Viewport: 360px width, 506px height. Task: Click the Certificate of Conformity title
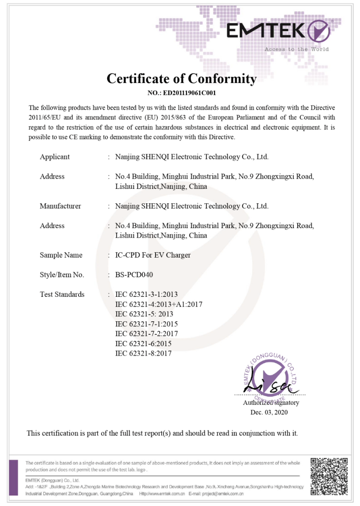(x=181, y=79)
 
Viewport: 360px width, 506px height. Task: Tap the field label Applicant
(x=55, y=157)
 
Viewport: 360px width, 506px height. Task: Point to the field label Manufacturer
(x=60, y=206)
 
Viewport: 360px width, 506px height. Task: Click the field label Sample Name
(x=61, y=255)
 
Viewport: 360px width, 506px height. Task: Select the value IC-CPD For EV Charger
(x=153, y=255)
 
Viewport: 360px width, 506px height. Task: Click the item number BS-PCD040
(x=134, y=275)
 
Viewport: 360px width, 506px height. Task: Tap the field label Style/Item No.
(x=62, y=275)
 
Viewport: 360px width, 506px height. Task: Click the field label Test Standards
(x=62, y=294)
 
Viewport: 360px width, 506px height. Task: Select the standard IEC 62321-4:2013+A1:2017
(x=159, y=304)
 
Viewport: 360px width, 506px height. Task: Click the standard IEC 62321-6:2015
(x=143, y=344)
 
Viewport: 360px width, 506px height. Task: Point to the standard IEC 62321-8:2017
(x=143, y=353)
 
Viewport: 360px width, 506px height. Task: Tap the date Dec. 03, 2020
(x=269, y=412)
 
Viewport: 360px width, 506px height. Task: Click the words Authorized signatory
(x=271, y=403)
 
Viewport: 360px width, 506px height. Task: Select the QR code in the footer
(x=329, y=477)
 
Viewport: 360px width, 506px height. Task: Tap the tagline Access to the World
(x=296, y=49)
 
